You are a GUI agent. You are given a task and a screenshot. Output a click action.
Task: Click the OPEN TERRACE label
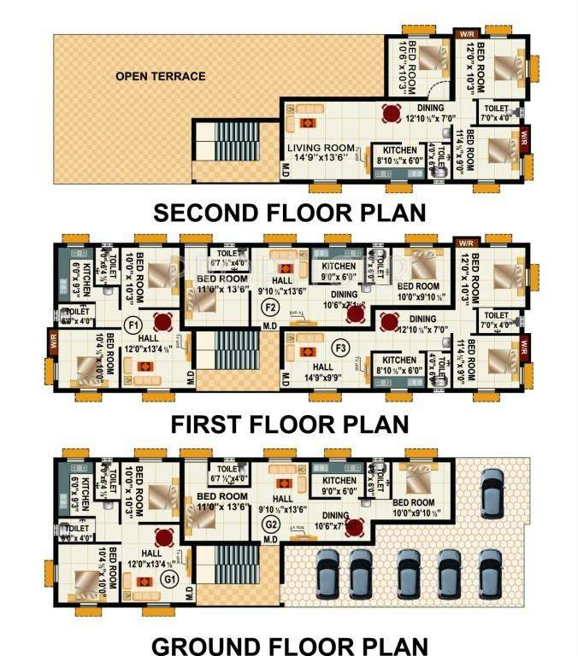tap(161, 76)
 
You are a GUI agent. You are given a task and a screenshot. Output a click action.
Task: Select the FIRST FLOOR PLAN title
tap(290, 424)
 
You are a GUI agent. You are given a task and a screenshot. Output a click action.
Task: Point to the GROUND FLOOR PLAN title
tap(291, 641)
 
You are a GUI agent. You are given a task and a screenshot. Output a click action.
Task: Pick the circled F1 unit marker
tap(133, 325)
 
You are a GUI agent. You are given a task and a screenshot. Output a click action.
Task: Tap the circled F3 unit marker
tap(341, 348)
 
